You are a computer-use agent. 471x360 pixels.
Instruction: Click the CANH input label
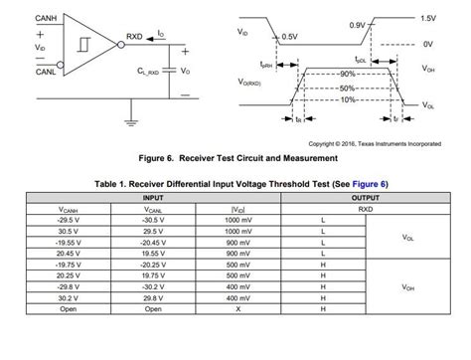coord(18,19)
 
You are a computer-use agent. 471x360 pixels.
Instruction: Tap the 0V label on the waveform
coord(428,44)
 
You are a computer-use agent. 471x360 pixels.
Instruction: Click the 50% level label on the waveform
coord(347,88)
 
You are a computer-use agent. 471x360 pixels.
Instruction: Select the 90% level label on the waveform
coord(347,75)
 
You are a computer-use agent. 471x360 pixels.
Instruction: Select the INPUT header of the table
coord(141,198)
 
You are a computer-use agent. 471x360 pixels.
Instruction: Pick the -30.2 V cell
coord(141,286)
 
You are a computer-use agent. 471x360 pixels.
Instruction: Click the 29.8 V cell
coord(141,297)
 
